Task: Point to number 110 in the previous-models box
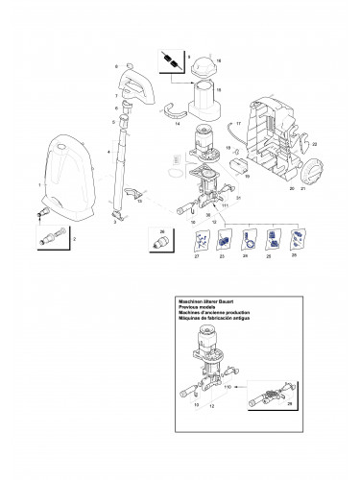228,386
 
